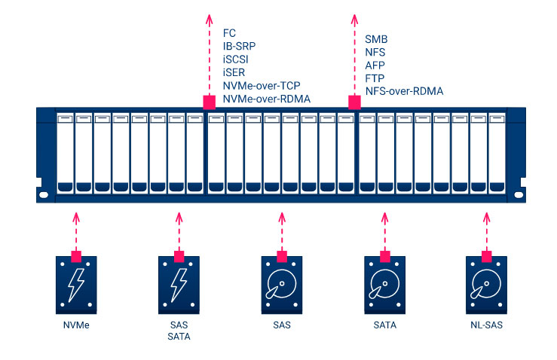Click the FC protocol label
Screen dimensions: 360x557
tap(230, 34)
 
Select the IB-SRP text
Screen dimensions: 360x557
tap(240, 47)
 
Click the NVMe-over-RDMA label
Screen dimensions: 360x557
tap(266, 99)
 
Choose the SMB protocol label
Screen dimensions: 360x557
tap(377, 38)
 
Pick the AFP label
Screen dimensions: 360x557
tap(375, 65)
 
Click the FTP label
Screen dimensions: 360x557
tap(375, 78)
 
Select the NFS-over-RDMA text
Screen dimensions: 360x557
tap(404, 91)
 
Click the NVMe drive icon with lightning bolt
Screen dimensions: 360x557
tap(75, 287)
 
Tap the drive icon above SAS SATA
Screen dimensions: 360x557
tap(179, 287)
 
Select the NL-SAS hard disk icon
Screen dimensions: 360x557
tap(487, 287)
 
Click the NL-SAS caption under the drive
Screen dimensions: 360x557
tap(487, 325)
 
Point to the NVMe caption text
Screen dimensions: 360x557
tap(75, 325)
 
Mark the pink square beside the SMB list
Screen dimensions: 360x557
tap(353, 101)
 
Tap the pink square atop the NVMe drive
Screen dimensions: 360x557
tap(75, 256)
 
